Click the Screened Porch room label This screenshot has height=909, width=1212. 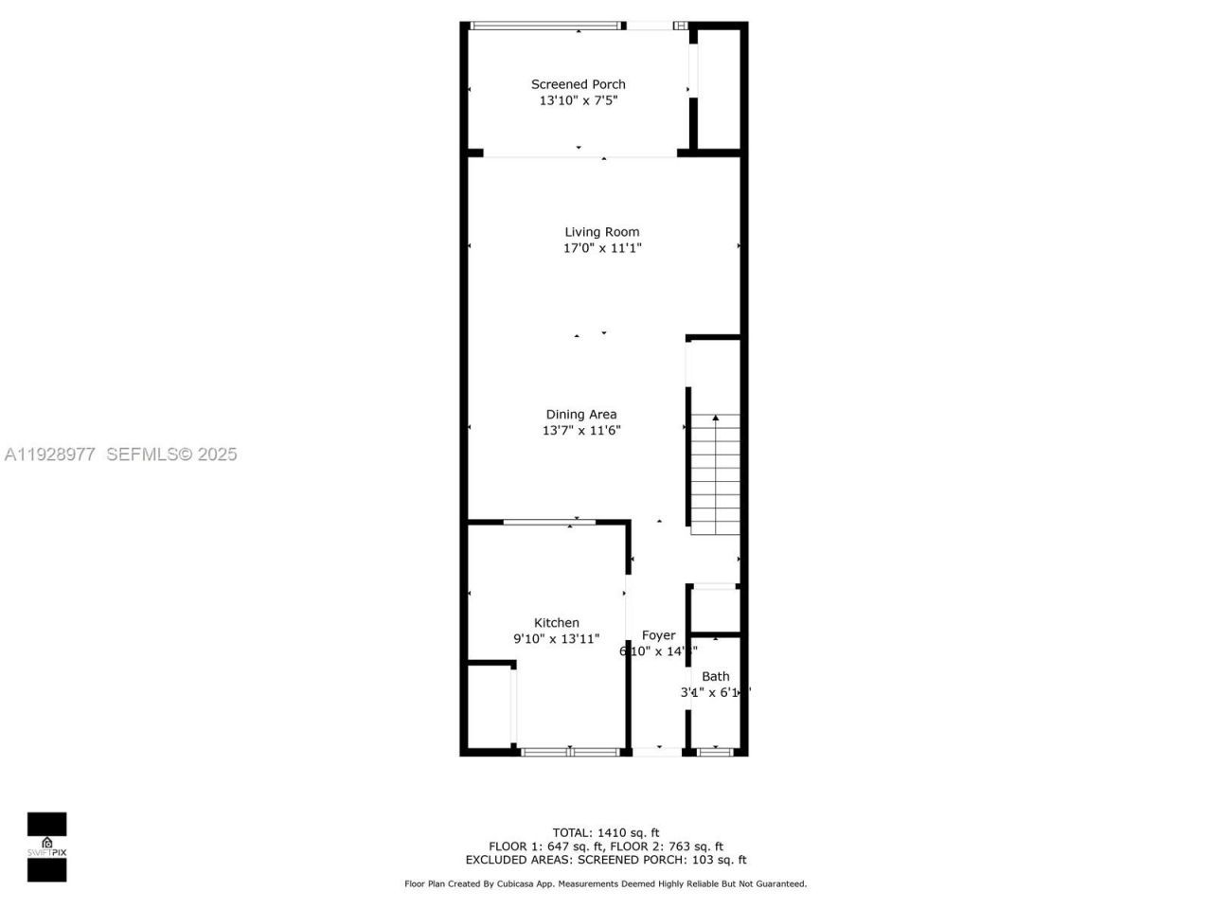coord(578,84)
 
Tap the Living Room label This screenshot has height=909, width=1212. coord(602,232)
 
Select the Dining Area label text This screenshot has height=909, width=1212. coord(581,414)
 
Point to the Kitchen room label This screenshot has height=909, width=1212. coord(557,622)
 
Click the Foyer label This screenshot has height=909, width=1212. coord(659,635)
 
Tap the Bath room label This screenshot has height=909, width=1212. coord(716,676)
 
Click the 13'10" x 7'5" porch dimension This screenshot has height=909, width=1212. coord(579,100)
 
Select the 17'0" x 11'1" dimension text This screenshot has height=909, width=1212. coord(603,248)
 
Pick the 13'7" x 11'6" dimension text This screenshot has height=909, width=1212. coord(581,430)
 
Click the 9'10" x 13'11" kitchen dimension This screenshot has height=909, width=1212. coord(557,638)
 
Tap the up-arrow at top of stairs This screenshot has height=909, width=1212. coord(716,418)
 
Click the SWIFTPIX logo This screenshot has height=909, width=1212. coord(46,847)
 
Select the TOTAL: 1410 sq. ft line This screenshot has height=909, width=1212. coord(606,833)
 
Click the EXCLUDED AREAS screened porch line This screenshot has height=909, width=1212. coord(606,860)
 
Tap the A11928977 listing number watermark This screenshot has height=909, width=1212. coord(50,454)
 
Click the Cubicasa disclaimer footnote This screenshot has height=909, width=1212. coord(606,883)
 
